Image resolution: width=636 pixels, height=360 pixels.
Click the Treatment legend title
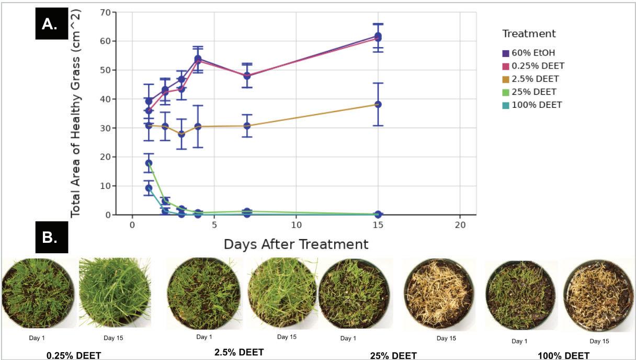[529, 34]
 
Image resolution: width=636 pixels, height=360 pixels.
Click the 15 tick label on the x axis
[378, 224]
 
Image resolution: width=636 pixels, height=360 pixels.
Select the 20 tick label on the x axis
[460, 224]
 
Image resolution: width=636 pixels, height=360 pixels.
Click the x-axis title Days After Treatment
[296, 244]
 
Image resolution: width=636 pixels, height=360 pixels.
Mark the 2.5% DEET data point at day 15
[378, 104]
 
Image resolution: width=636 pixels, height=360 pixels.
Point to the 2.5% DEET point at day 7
[247, 126]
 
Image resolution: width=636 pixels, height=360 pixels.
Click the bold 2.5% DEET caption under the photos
[239, 352]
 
